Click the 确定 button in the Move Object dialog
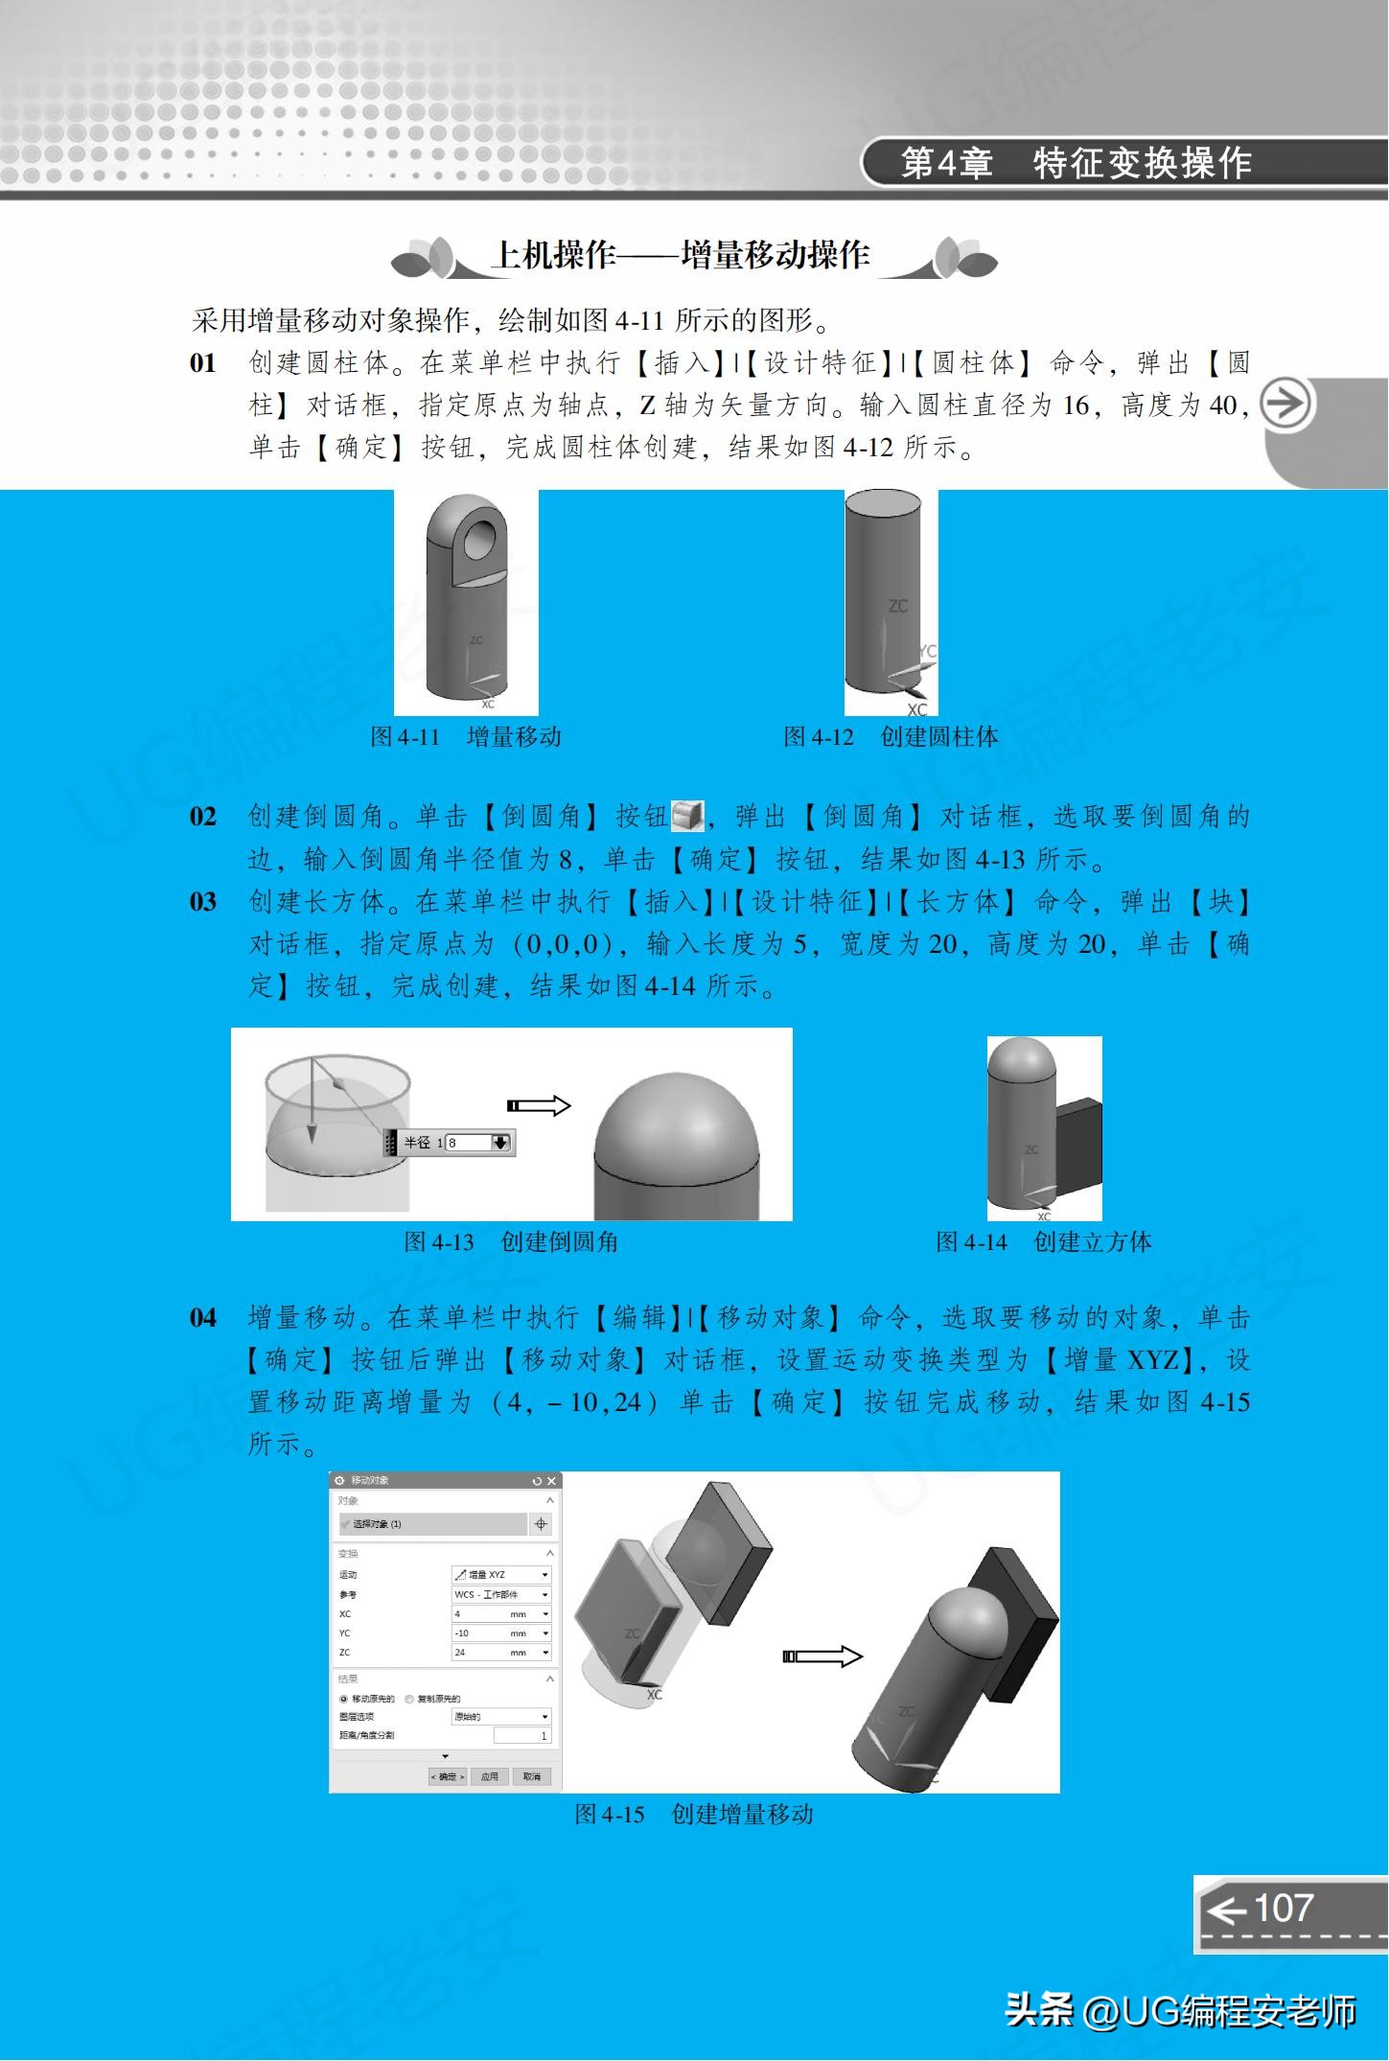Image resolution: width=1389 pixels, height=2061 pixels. (448, 1776)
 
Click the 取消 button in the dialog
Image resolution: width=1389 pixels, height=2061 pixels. (531, 1776)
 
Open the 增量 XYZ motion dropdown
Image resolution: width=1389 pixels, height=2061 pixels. (501, 1574)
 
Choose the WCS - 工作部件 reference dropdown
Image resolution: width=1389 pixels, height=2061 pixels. (501, 1594)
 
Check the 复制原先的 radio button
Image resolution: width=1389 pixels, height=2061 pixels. (410, 1698)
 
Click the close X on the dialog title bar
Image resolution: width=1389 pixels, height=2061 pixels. (551, 1481)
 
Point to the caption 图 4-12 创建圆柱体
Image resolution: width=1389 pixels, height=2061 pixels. (891, 736)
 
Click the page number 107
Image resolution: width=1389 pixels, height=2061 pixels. (1283, 1908)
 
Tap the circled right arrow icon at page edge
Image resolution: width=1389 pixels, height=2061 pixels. (1285, 404)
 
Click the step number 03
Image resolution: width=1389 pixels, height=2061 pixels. (203, 902)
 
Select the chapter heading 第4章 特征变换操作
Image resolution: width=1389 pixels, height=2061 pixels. (1076, 163)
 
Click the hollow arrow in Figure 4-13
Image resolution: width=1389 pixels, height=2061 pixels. (539, 1105)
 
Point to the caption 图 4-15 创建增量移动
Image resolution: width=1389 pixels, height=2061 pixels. (693, 1814)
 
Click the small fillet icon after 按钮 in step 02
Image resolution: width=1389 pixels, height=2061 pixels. (687, 817)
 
